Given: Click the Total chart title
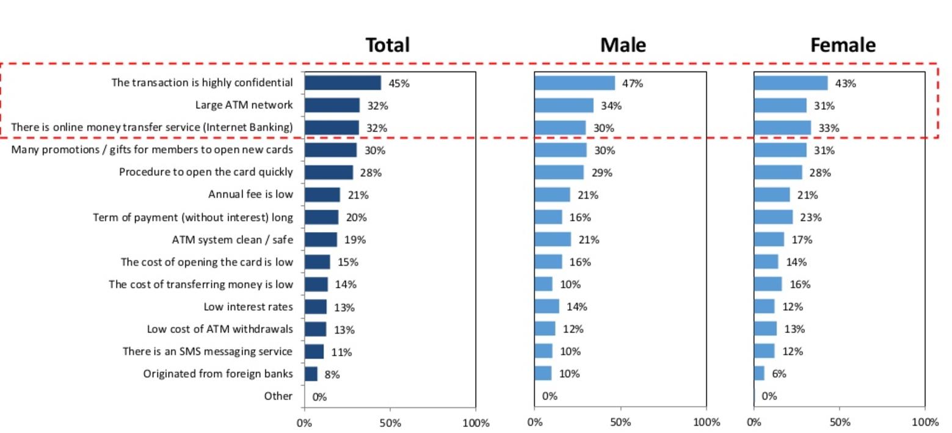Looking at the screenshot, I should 387,45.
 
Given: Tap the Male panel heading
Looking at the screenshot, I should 622,45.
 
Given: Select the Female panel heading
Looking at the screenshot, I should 842,45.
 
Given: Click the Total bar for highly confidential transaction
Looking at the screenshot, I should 343,83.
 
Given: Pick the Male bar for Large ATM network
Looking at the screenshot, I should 564,106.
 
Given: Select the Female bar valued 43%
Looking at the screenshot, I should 791,83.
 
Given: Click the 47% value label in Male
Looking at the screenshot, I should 632,84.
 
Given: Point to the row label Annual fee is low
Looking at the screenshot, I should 250,195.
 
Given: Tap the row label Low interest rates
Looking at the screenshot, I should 248,307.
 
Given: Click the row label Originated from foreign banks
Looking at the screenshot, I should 218,374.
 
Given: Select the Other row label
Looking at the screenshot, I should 278,396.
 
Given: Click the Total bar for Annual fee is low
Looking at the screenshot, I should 322,195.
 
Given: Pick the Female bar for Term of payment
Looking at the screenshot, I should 773,217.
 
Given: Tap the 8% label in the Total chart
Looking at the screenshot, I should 332,374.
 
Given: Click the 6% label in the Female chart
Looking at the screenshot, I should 779,374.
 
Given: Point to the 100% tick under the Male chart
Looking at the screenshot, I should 707,423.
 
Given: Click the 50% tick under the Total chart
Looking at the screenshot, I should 390,423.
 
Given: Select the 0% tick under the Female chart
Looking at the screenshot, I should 754,423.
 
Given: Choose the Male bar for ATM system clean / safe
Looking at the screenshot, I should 553,239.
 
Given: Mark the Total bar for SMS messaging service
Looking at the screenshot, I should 314,352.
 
